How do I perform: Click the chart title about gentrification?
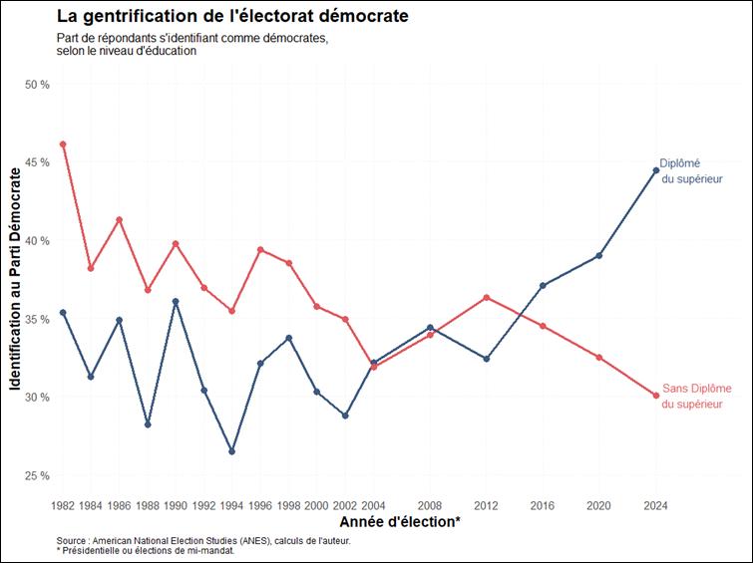tap(232, 17)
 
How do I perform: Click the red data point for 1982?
tap(63, 144)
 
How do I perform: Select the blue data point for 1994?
tap(232, 451)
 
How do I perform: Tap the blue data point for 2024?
tap(655, 170)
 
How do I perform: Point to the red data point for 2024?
tap(655, 396)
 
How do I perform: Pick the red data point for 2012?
tap(487, 297)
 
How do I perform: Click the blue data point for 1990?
tap(176, 301)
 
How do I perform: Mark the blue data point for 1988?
tap(148, 424)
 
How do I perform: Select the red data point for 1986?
tap(120, 219)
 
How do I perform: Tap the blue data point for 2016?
tap(543, 286)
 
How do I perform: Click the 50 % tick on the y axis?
tap(38, 85)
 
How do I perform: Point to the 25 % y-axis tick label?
tap(38, 475)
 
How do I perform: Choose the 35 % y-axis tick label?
tap(38, 319)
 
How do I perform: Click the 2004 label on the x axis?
tap(373, 505)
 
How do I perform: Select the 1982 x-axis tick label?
tap(63, 505)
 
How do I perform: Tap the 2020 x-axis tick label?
tap(598, 505)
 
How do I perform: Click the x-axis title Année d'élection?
tap(399, 522)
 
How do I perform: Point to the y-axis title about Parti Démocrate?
tap(16, 279)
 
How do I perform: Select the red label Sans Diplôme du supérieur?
tap(696, 396)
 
